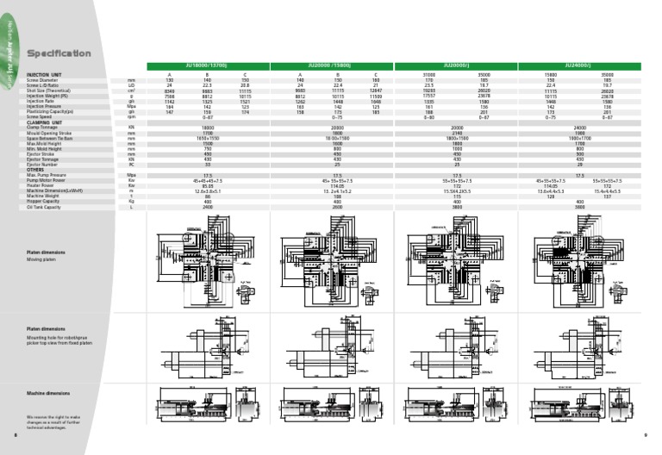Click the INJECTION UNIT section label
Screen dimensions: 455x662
tap(45, 75)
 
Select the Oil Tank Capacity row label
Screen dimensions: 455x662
tap(44, 207)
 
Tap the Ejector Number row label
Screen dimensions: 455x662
tap(42, 164)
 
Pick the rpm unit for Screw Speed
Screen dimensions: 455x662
tap(132, 116)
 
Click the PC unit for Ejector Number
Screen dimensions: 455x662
tap(132, 164)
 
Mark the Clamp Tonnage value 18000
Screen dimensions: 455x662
tap(207, 127)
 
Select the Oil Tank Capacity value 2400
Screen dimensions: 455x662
tap(207, 207)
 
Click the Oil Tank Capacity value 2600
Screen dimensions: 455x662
tap(338, 207)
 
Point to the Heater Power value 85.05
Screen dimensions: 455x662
tap(207, 184)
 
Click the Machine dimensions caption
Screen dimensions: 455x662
tap(48, 393)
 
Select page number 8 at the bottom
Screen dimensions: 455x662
tap(15, 435)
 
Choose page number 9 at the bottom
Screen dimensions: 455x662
tap(646, 435)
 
